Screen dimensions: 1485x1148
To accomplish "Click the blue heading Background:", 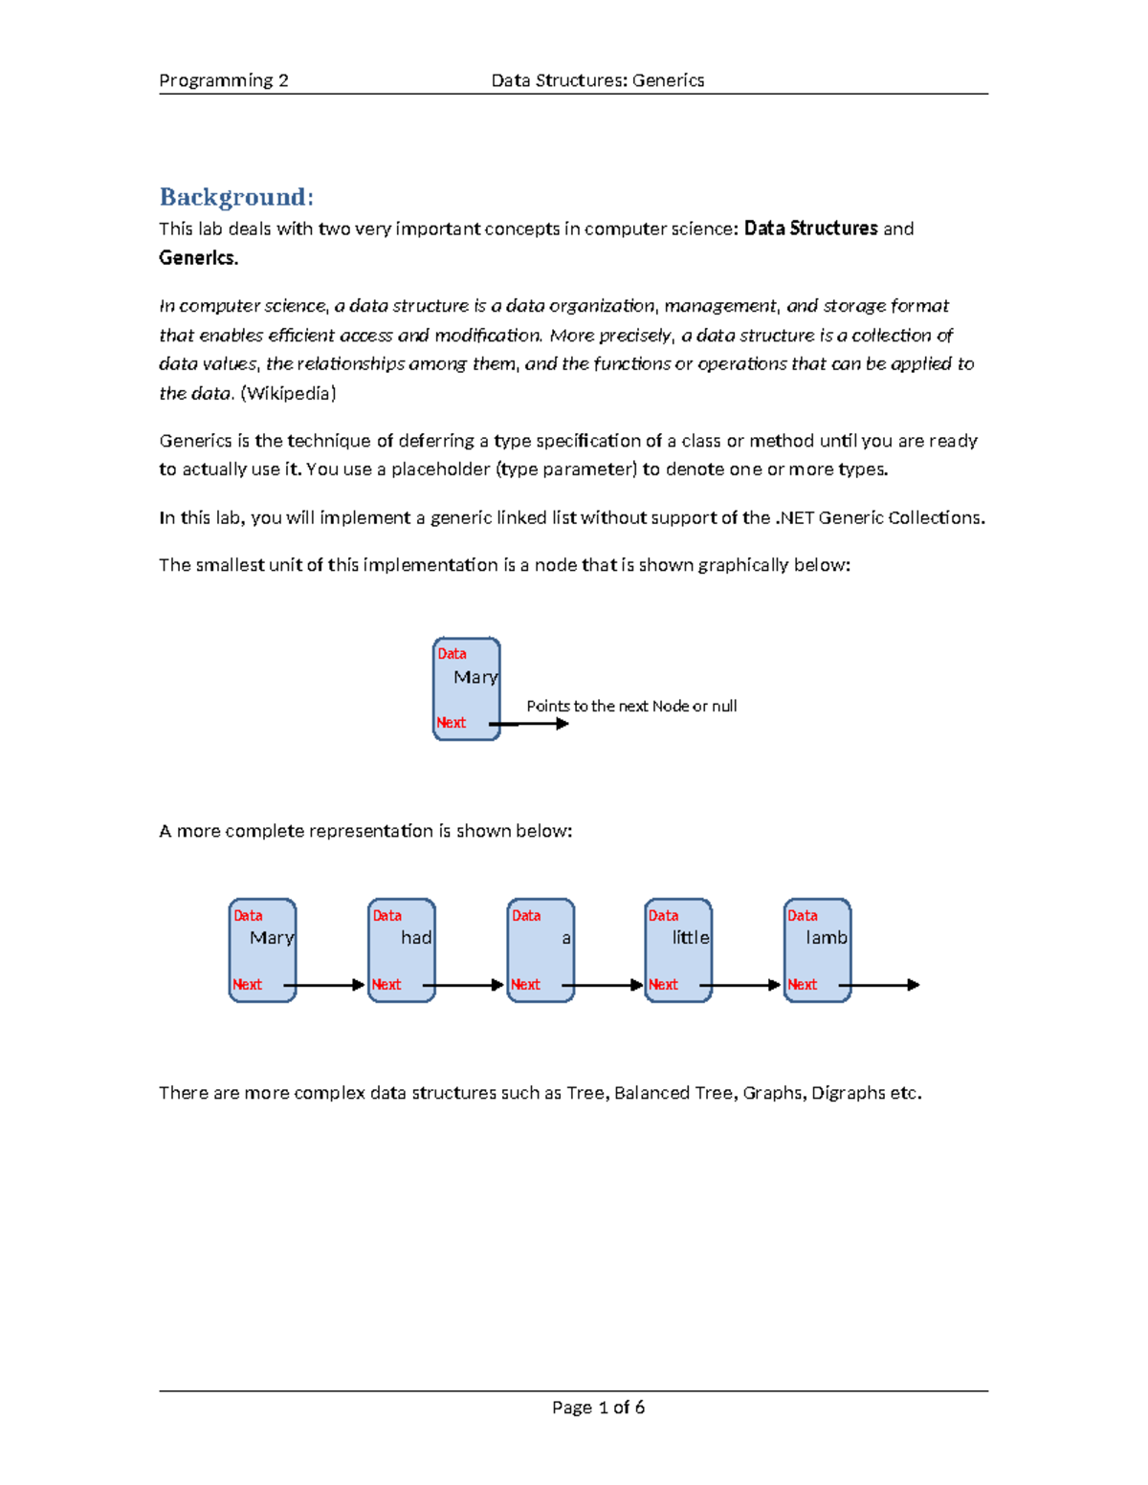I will coord(235,197).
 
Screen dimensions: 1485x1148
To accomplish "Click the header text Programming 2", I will coord(223,80).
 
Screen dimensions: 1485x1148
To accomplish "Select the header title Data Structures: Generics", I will coord(597,80).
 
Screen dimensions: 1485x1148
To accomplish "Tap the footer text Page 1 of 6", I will coord(598,1407).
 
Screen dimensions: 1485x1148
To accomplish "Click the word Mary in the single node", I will coord(475,677).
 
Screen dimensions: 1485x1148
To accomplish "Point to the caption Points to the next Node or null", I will coord(631,706).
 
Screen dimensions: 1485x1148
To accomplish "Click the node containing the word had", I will coord(402,950).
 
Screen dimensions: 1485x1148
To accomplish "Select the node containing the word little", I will coord(678,950).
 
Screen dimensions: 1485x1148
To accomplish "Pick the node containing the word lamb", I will coord(817,950).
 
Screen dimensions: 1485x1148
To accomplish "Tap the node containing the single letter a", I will coord(541,950).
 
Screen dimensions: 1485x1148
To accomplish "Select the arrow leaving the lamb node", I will coord(880,985).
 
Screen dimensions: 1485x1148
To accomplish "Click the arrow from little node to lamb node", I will coord(741,985).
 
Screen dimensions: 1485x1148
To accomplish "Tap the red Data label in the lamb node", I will coord(802,915).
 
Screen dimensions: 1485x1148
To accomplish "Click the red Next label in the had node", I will coord(386,984).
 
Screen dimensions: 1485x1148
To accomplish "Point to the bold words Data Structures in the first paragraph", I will coord(810,229).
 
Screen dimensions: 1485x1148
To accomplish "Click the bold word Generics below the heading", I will coord(198,257).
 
